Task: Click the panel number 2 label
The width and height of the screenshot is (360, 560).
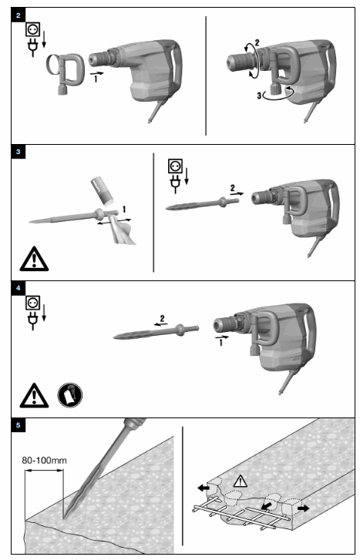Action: pyautogui.click(x=19, y=13)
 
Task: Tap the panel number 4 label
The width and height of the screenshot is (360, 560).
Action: pyautogui.click(x=19, y=287)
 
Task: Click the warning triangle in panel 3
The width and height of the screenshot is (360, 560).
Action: pyautogui.click(x=35, y=257)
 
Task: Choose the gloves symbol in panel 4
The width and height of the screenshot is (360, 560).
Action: pyautogui.click(x=70, y=394)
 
